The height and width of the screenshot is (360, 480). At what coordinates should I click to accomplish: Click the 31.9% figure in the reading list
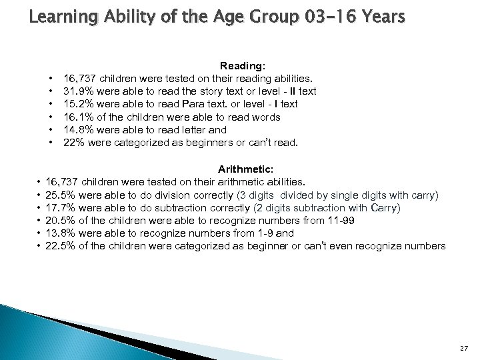coord(77,91)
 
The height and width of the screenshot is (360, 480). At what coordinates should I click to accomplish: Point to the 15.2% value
coord(77,104)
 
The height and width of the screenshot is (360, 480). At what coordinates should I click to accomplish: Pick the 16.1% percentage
coord(77,117)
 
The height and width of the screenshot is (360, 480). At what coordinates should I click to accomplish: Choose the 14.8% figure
coord(77,130)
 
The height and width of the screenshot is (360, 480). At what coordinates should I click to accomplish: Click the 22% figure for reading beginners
coord(72,143)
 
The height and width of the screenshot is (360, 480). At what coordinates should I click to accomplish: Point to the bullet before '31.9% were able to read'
coord(50,91)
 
